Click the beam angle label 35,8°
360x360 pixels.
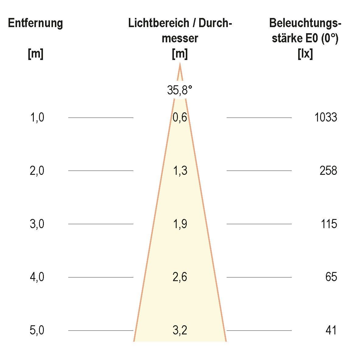[180, 90]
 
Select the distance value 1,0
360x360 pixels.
[37, 117]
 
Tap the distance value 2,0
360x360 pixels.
[37, 171]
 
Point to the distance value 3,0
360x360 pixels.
[37, 224]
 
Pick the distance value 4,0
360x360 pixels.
[37, 277]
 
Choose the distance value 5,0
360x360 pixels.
[37, 330]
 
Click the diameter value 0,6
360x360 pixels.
[180, 117]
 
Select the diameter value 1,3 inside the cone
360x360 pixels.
[180, 171]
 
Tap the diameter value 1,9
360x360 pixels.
[180, 224]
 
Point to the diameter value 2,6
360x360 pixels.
[180, 277]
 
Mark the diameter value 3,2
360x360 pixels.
[180, 330]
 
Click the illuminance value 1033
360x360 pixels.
[326, 117]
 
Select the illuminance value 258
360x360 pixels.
[328, 171]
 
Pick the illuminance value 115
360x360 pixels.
[329, 224]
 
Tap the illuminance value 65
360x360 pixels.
[331, 277]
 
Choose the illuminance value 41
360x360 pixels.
[331, 330]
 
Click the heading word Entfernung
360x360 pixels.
[35, 23]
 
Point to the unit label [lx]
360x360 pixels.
[305, 54]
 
